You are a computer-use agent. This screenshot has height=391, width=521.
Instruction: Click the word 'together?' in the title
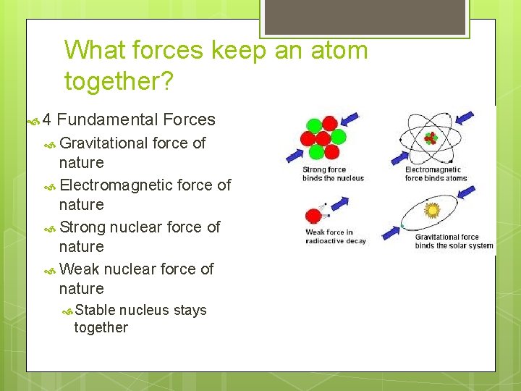[x=119, y=81]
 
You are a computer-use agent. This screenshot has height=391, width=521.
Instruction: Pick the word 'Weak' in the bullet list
[x=79, y=269]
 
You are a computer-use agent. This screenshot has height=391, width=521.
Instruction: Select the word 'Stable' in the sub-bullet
[x=95, y=311]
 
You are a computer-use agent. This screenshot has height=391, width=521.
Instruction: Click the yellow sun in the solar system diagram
[x=433, y=210]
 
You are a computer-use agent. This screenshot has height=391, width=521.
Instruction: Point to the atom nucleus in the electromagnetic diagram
[x=431, y=138]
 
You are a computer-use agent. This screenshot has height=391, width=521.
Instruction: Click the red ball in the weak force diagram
[x=314, y=216]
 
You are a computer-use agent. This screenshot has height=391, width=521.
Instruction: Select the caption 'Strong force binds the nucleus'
[x=333, y=175]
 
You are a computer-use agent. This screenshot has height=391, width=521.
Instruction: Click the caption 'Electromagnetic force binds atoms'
[x=436, y=175]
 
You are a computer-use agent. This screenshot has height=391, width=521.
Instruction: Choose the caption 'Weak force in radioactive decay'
[x=336, y=237]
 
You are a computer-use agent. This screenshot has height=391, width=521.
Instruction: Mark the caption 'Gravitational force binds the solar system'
[x=454, y=241]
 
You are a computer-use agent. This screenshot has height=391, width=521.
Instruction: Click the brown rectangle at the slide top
[x=364, y=17]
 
